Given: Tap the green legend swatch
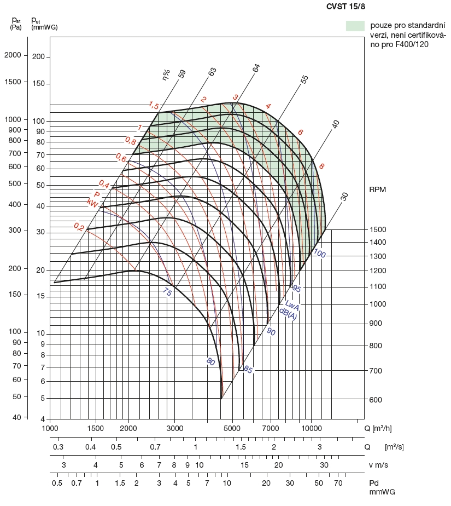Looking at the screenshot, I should tap(355, 26).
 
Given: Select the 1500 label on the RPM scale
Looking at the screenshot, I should tap(378, 229).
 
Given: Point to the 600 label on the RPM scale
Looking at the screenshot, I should tap(376, 400).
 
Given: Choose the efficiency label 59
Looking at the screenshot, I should tap(182, 74).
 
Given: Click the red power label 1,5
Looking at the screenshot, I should tap(154, 106).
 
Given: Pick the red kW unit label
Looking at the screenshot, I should tap(92, 203).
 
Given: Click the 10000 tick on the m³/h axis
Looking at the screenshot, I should tap(311, 428).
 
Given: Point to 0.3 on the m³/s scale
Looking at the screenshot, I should tap(58, 447).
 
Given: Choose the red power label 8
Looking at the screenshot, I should tap(322, 166).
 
